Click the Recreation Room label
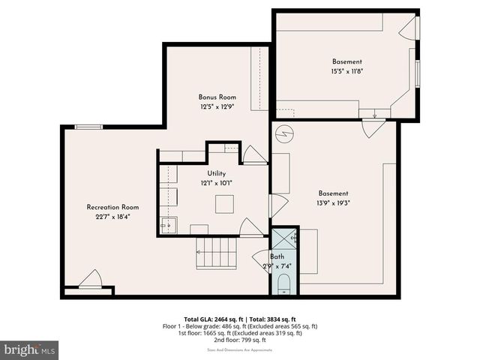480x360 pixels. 112,207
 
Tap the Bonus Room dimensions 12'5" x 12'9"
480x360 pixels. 217,107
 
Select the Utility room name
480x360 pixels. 216,173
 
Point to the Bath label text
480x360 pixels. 277,256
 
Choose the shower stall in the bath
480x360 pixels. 284,239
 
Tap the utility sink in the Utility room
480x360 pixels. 169,224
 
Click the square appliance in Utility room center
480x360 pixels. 224,204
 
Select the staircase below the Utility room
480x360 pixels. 217,253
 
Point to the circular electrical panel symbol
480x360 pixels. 284,134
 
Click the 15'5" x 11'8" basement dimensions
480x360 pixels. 347,72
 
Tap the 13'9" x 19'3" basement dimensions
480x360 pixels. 333,202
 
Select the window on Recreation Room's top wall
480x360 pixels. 88,127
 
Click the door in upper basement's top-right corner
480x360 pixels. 408,28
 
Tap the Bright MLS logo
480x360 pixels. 30,349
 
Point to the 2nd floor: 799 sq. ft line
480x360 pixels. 240,340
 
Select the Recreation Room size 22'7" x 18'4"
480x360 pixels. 112,217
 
